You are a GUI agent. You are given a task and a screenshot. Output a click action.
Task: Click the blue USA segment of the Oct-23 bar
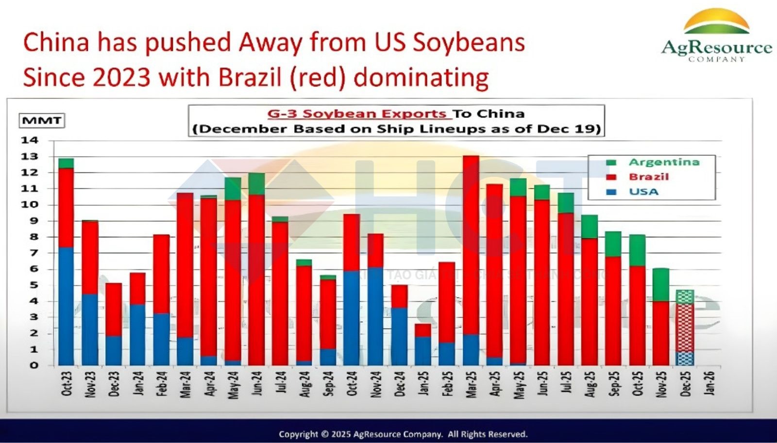pyautogui.click(x=66, y=306)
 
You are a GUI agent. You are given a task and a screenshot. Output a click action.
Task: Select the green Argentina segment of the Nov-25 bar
pyautogui.click(x=660, y=285)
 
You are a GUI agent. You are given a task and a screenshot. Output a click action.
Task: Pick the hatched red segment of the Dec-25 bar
pyautogui.click(x=685, y=328)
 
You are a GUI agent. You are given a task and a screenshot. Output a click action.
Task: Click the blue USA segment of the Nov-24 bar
pyautogui.click(x=375, y=316)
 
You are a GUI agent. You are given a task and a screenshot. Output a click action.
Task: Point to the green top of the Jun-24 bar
pyautogui.click(x=256, y=184)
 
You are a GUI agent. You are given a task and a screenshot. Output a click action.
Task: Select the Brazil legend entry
pyautogui.click(x=648, y=177)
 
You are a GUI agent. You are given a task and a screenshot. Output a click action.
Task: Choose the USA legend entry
pyautogui.click(x=643, y=192)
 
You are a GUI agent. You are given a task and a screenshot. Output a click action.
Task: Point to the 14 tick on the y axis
pyautogui.click(x=29, y=141)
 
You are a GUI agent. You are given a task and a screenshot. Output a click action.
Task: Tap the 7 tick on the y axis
pyautogui.click(x=34, y=253)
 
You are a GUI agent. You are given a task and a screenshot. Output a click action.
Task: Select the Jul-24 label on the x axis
pyautogui.click(x=281, y=384)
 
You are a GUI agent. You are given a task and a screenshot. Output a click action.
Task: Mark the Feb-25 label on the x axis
pyautogui.click(x=447, y=384)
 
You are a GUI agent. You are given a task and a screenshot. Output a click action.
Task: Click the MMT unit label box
pyautogui.click(x=42, y=120)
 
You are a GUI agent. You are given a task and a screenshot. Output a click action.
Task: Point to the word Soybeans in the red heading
pyautogui.click(x=469, y=42)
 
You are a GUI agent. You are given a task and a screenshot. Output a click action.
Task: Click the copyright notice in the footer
pyautogui.click(x=403, y=434)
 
